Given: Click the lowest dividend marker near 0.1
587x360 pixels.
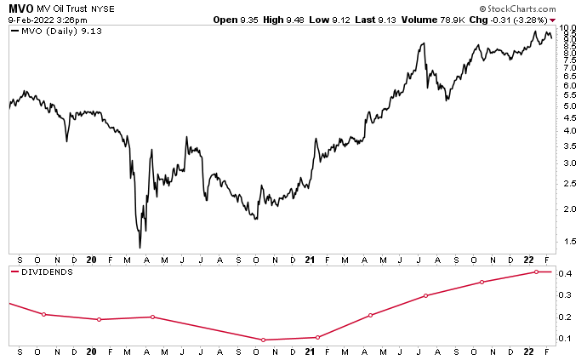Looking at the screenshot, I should [264, 340].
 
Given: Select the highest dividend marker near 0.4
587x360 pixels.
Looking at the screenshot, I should [537, 271].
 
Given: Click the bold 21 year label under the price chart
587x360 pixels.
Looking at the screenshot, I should [311, 259].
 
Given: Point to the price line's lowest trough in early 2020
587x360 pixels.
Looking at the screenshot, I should [140, 248].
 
